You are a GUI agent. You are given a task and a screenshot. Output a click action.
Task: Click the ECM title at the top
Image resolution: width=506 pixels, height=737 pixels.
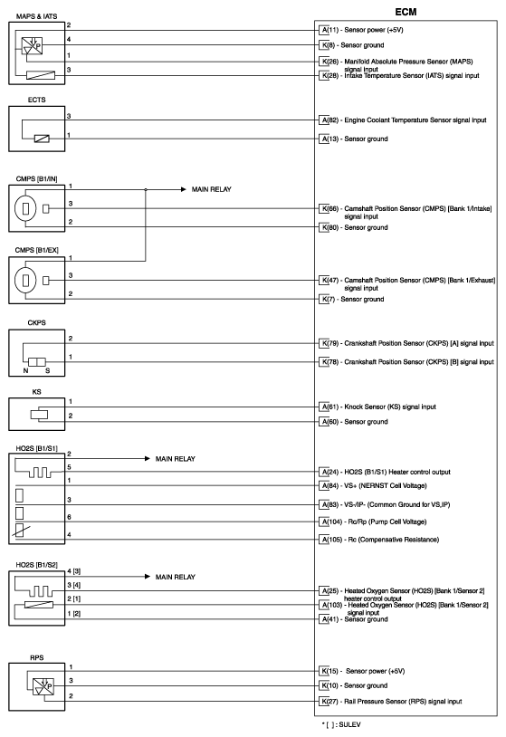pyautogui.click(x=406, y=9)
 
